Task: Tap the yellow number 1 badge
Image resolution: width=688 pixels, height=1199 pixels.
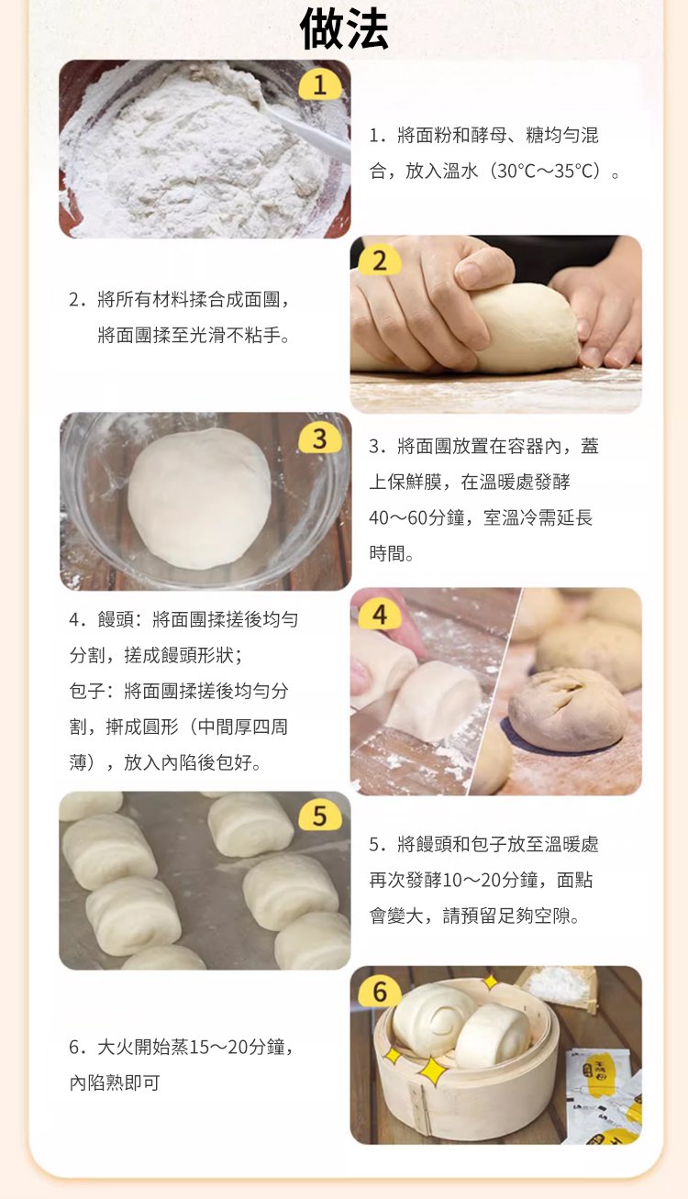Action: (x=319, y=85)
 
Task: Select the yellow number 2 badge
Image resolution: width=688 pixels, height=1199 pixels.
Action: (x=380, y=261)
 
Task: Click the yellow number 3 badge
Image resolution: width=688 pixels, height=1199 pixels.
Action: (x=319, y=439)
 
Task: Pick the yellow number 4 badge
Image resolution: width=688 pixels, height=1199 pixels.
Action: (x=380, y=615)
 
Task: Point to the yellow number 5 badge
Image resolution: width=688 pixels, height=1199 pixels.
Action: (x=319, y=816)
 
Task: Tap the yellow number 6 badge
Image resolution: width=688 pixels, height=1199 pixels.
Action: (x=380, y=992)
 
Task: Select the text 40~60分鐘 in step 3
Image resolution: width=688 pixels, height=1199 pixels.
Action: (x=416, y=517)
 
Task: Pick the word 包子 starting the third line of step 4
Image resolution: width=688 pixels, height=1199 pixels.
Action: (x=87, y=691)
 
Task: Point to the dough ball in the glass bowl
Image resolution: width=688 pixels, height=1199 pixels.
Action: (x=199, y=498)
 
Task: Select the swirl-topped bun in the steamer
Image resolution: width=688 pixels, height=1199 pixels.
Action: (x=434, y=1021)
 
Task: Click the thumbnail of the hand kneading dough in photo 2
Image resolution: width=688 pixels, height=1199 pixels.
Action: (x=495, y=325)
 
